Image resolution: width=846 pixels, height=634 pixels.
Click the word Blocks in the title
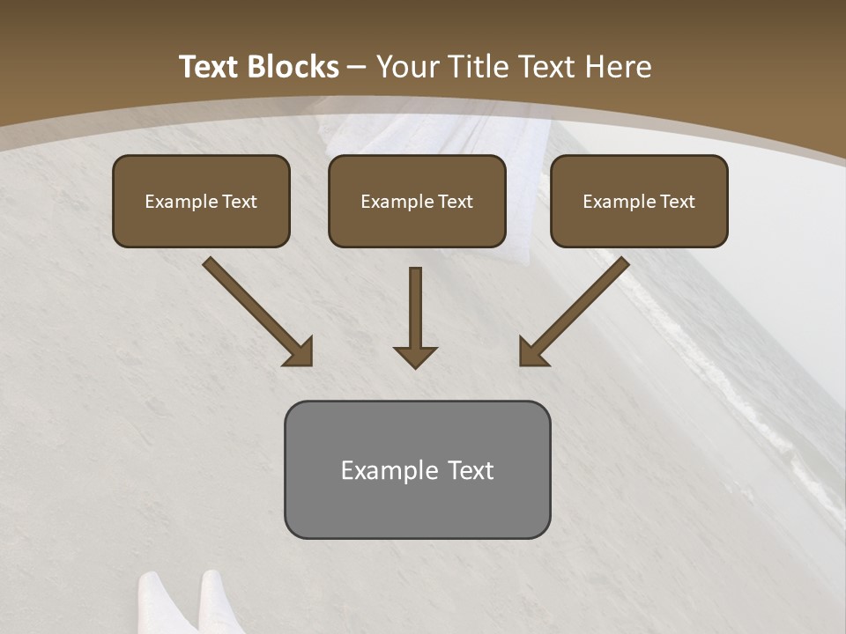coord(293,67)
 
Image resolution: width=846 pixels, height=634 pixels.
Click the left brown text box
coord(201,201)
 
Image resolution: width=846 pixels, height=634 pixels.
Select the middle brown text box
coord(417,201)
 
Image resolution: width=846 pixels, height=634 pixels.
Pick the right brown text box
coord(639,201)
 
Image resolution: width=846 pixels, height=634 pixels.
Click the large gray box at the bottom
coord(417,469)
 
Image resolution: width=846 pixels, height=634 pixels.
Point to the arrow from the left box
coord(256,310)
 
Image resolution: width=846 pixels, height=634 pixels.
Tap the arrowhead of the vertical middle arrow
coord(415,357)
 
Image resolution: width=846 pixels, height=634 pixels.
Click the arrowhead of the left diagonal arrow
coord(301,353)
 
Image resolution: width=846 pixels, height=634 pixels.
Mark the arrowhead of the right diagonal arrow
coord(531,353)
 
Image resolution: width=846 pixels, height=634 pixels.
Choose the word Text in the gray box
coord(471,470)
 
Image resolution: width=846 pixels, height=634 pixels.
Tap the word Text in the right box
coord(678,202)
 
